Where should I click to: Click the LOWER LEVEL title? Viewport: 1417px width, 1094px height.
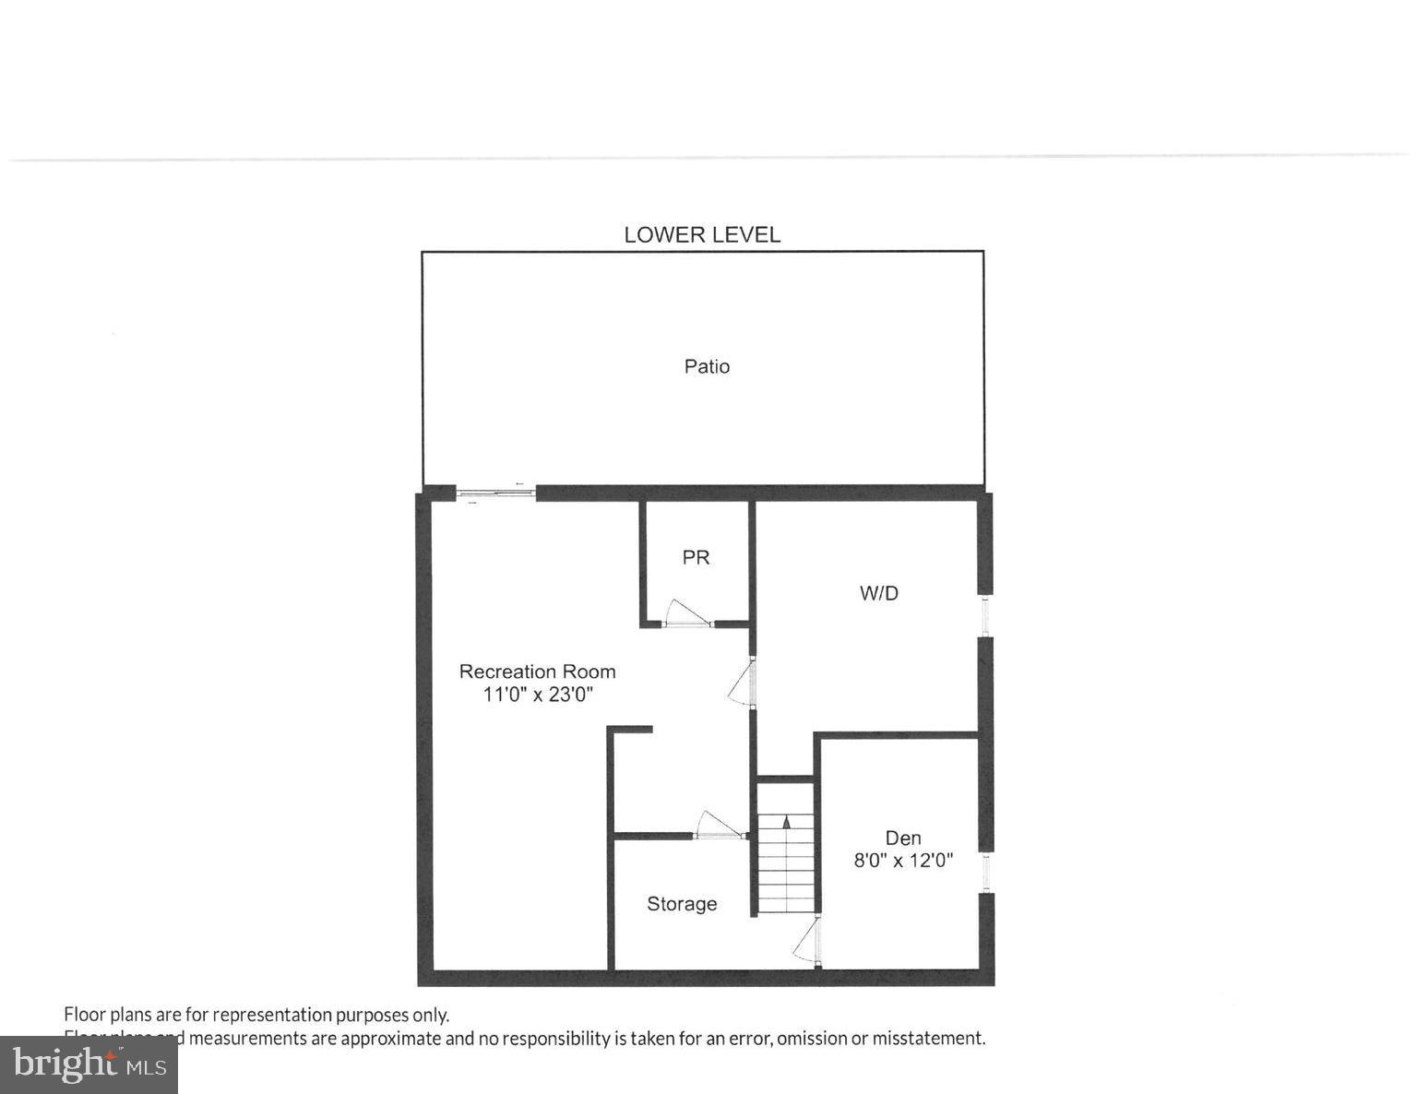click(x=702, y=234)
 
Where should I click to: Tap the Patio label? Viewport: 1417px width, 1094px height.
click(x=707, y=366)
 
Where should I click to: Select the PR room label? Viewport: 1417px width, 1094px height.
click(x=696, y=557)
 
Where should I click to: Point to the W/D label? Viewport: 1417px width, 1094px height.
click(x=878, y=593)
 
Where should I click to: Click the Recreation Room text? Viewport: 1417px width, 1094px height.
click(x=537, y=672)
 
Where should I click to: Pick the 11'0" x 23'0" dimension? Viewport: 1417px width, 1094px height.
click(x=537, y=694)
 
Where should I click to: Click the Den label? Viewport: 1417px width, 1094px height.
click(x=903, y=838)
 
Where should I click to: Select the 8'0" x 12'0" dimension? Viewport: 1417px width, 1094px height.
click(x=903, y=861)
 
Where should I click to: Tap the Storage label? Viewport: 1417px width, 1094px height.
click(x=682, y=904)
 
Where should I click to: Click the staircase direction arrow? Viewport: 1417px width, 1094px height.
click(x=786, y=821)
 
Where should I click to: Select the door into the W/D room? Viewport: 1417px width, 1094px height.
click(x=744, y=684)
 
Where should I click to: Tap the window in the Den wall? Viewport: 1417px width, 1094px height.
click(x=985, y=871)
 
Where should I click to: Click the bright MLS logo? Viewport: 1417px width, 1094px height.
click(x=89, y=1064)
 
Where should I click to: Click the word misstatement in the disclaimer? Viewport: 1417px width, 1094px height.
click(x=930, y=1038)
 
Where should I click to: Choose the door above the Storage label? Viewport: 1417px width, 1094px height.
click(x=720, y=826)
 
